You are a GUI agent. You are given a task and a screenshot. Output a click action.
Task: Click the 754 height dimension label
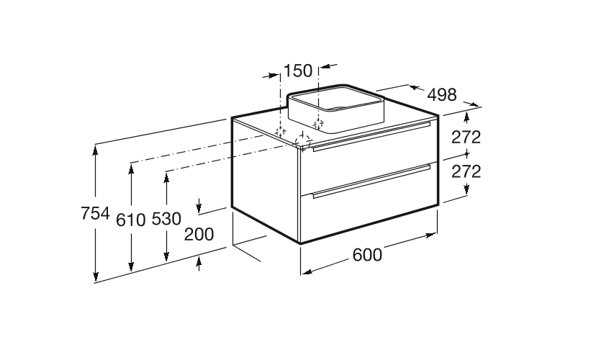point(95,214)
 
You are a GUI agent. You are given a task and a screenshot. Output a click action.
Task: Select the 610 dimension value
point(131,220)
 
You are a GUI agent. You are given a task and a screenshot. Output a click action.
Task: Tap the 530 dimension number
point(166,219)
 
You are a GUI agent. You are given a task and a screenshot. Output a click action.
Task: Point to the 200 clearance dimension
point(199,234)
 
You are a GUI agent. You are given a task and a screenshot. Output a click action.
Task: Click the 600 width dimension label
point(367,255)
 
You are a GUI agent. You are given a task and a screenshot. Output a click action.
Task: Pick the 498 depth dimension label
point(442,95)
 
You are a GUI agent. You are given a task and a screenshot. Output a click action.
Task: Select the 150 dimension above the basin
point(298,71)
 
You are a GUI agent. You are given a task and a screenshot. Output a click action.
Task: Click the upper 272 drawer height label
point(466,137)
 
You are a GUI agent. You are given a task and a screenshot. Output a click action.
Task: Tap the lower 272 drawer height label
point(466,171)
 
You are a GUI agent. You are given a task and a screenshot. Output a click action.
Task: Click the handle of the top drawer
point(371,136)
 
